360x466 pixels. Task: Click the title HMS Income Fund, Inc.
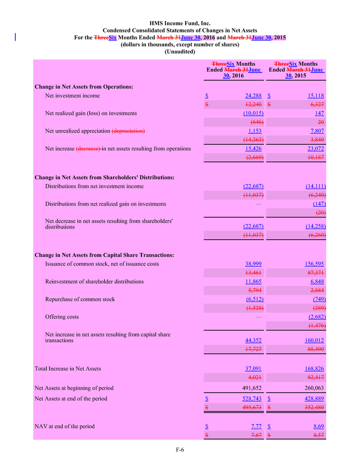point(180,23)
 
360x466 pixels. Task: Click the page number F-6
point(180,449)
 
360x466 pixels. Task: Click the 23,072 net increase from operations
point(315,148)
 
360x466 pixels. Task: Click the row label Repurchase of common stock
point(80,299)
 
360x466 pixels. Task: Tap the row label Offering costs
point(62,317)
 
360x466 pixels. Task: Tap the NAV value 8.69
point(318,426)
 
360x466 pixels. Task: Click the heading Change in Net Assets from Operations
point(83,87)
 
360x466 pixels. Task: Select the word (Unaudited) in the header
point(180,52)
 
